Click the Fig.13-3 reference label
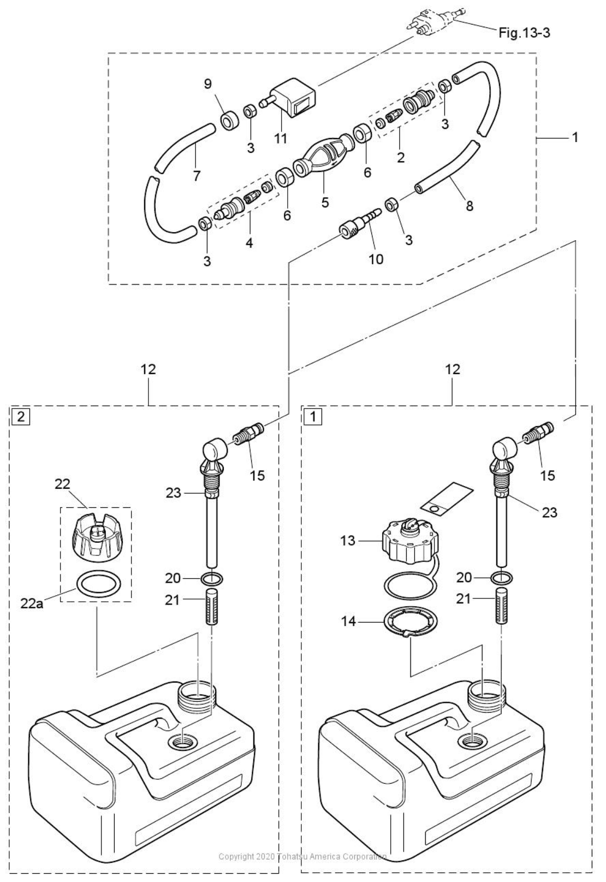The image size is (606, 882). pyautogui.click(x=524, y=33)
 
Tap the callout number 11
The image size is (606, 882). pyautogui.click(x=280, y=138)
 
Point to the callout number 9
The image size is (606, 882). pyautogui.click(x=207, y=84)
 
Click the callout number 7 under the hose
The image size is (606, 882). pyautogui.click(x=197, y=175)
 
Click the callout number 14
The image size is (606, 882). pyautogui.click(x=348, y=621)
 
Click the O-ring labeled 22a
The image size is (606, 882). pyautogui.click(x=97, y=586)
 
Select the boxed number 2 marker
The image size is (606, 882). pyautogui.click(x=21, y=417)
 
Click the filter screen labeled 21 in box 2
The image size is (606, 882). pyautogui.click(x=211, y=606)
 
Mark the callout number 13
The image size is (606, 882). pyautogui.click(x=348, y=540)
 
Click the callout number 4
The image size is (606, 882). pyautogui.click(x=249, y=243)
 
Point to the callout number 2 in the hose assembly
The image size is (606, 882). pyautogui.click(x=401, y=158)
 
